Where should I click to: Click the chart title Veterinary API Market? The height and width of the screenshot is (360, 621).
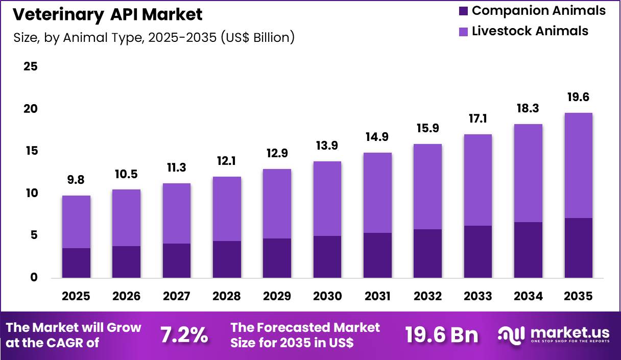(107, 15)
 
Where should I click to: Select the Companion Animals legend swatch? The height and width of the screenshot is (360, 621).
(463, 11)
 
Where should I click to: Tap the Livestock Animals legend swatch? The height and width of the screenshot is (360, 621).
(463, 32)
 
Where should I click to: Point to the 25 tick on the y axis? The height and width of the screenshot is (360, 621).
(30, 67)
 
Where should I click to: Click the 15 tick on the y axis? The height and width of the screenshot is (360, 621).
(30, 151)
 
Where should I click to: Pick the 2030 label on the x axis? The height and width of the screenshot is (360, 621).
(327, 297)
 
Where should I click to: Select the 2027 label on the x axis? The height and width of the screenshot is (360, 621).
(176, 297)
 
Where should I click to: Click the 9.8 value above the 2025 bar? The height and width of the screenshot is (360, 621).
(76, 180)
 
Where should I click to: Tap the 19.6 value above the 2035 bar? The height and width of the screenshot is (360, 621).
(579, 97)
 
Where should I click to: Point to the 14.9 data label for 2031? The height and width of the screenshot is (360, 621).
(377, 137)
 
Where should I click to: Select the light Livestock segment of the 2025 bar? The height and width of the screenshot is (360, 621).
(76, 222)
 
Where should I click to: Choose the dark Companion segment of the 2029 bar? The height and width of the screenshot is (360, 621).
(277, 258)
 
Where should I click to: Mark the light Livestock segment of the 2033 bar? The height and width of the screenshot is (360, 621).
(477, 180)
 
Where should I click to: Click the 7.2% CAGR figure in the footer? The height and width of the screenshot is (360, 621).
(184, 335)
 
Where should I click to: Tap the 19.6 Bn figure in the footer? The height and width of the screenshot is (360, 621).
(442, 335)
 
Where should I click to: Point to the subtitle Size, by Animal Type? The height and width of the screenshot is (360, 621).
(153, 38)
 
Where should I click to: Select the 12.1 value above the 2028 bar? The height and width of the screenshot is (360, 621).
(227, 161)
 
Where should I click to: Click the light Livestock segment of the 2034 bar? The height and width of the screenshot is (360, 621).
(528, 173)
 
